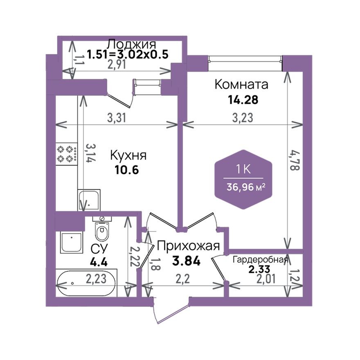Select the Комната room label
[241, 85]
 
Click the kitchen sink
[89, 200]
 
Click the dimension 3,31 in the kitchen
[116, 118]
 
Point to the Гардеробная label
[261, 260]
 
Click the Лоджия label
[131, 44]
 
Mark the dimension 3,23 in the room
[242, 118]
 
